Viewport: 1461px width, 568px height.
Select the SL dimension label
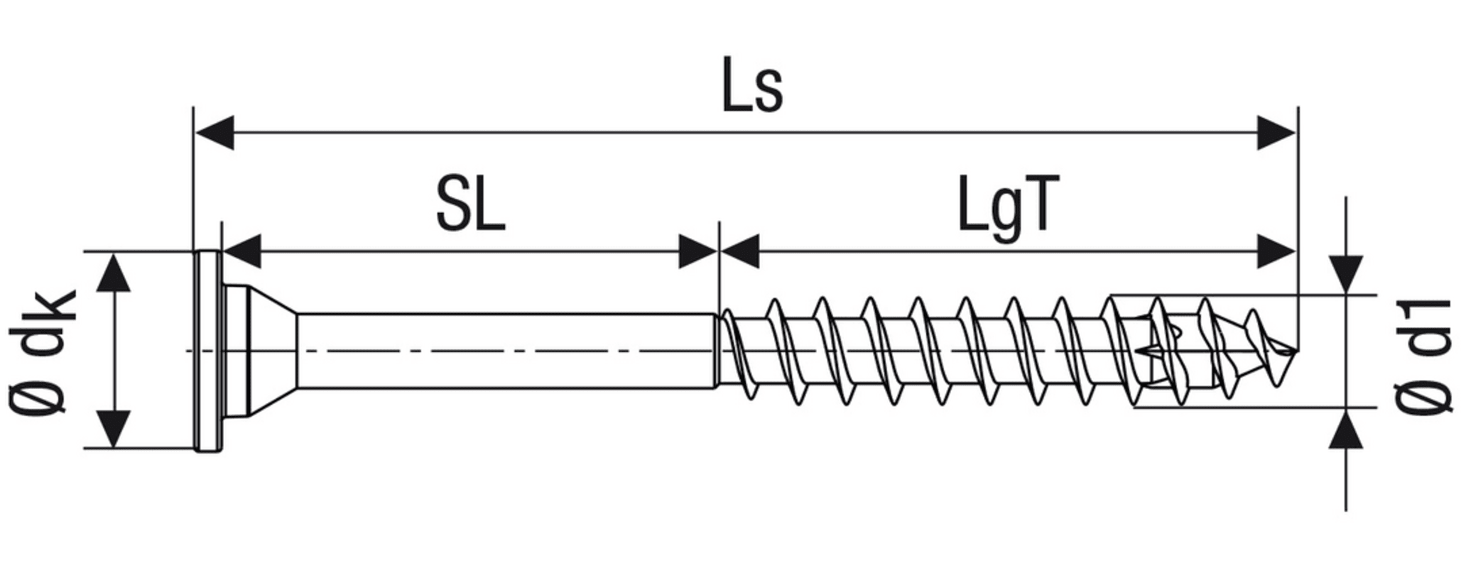(x=471, y=206)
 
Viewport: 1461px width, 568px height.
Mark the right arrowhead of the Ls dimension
(x=1276, y=132)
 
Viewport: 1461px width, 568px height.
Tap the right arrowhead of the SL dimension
(x=697, y=251)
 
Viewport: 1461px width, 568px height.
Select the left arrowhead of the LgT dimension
(x=740, y=251)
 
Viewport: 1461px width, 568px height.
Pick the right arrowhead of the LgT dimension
(x=1276, y=251)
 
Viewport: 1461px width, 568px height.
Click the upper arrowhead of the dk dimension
(x=114, y=274)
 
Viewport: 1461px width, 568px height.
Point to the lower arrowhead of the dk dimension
(x=114, y=427)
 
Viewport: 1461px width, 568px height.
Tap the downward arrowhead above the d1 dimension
(x=1346, y=274)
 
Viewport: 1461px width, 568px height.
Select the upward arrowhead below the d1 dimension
(x=1346, y=430)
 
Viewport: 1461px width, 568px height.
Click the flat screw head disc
(x=208, y=351)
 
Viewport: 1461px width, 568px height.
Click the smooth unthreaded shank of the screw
(x=504, y=351)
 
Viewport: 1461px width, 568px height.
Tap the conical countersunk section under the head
(x=270, y=351)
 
